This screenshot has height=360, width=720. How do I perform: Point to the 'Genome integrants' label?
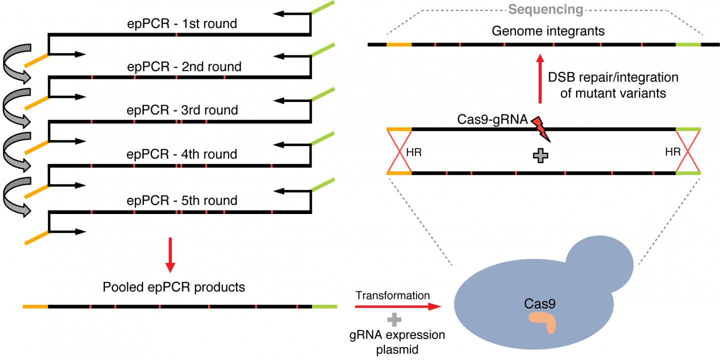pos(548,31)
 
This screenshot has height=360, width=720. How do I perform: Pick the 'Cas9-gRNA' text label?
pos(492,120)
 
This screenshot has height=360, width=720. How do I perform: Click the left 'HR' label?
pos(413,152)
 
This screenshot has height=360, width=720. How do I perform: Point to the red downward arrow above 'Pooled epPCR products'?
pos(171,255)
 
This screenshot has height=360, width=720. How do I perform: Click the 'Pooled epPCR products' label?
pos(173,287)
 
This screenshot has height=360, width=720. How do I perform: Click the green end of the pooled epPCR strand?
pos(324,305)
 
